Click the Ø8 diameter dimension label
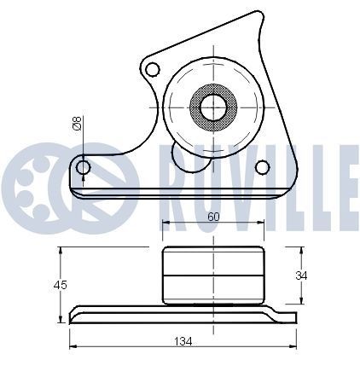click(x=77, y=125)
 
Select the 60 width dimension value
click(x=213, y=217)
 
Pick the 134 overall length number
click(x=183, y=341)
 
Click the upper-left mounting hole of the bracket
click(x=153, y=68)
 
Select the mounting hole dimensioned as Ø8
click(x=83, y=167)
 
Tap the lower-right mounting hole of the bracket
click(x=262, y=165)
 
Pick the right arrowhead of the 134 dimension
click(x=294, y=346)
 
